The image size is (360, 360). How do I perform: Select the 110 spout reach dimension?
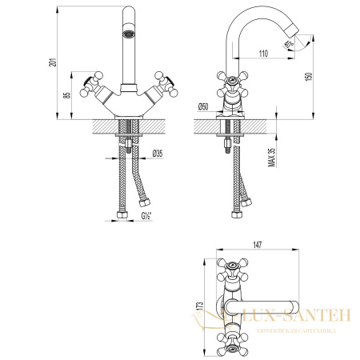(x=263, y=53)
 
